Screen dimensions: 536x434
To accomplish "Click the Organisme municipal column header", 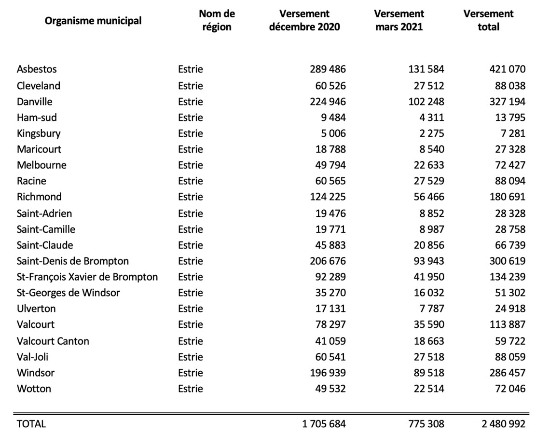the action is click(x=93, y=21).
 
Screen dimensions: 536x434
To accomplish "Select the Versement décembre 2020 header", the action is click(x=304, y=20).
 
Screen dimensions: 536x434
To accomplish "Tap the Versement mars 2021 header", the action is click(x=399, y=20).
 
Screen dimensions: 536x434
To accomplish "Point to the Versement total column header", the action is click(x=489, y=20).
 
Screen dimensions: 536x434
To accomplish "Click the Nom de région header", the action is click(x=217, y=20).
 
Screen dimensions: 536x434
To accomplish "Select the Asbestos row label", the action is click(x=37, y=69).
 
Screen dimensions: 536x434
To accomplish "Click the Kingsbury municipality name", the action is click(x=39, y=133).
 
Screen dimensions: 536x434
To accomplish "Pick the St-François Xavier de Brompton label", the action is click(x=87, y=277).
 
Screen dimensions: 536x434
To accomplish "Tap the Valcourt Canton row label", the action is click(x=53, y=341).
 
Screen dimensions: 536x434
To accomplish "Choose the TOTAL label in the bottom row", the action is click(x=31, y=424).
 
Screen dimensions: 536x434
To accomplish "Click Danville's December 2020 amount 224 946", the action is click(x=328, y=101).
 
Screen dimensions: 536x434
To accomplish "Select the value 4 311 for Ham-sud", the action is click(x=432, y=118).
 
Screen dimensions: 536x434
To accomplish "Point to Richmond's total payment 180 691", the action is click(x=507, y=197).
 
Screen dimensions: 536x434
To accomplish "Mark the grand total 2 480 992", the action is click(x=504, y=424).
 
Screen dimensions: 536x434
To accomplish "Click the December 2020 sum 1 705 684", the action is click(x=324, y=424).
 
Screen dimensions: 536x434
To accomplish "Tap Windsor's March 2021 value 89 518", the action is click(x=429, y=373).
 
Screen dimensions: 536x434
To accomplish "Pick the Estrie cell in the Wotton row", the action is click(x=191, y=389).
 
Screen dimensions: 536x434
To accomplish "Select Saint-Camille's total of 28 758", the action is click(x=510, y=230).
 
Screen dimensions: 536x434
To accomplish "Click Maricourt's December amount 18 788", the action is click(x=330, y=149).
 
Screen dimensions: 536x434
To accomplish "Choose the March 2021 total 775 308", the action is click(x=426, y=424).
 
